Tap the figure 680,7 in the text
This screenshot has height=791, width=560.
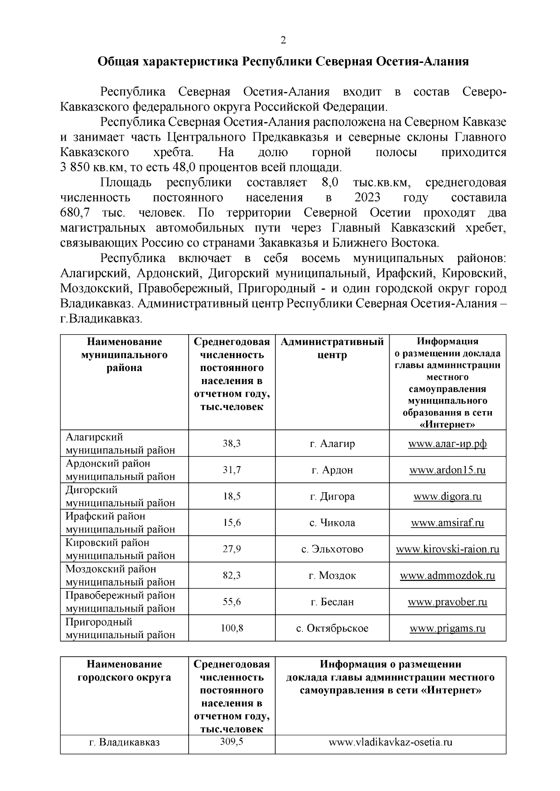pos(75,213)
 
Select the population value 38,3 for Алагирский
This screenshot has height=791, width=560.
pos(231,443)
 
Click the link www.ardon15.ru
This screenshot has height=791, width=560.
pos(447,470)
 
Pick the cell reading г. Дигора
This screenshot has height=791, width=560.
pos(332,496)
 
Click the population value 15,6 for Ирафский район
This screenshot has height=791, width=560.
pos(231,523)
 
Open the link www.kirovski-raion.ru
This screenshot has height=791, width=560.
pos(447,549)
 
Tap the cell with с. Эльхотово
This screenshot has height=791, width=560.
pos(332,549)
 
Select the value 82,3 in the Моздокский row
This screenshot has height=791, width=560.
pos(231,576)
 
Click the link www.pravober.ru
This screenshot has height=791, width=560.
pos(447,602)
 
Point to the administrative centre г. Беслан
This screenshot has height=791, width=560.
pos(332,602)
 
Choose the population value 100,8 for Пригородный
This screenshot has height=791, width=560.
pos(231,628)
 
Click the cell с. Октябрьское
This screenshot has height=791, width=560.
pos(332,628)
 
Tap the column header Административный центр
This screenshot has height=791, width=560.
pos(332,348)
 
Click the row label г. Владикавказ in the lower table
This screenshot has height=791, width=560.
pos(124,743)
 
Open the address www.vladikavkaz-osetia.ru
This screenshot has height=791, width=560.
pos(391,743)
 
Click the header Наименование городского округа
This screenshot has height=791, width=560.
pos(124,670)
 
